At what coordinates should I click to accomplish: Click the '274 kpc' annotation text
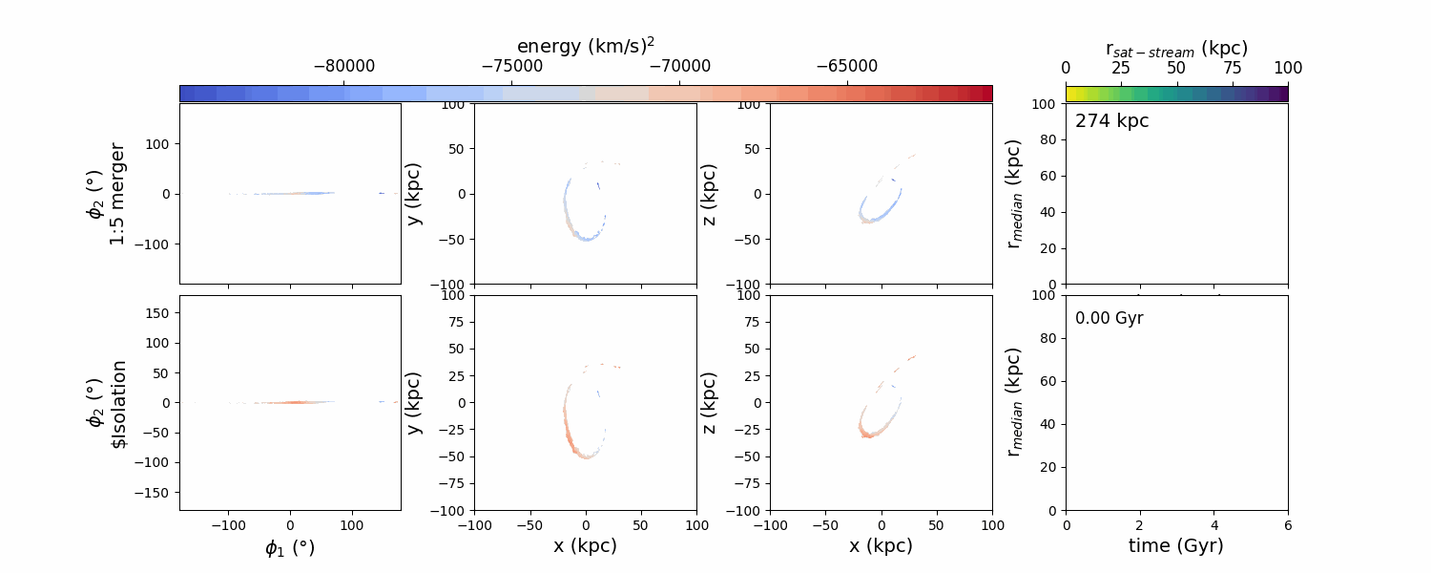pos(1111,121)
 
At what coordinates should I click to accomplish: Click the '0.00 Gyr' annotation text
pos(1109,318)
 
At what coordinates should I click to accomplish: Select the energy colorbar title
pos(586,46)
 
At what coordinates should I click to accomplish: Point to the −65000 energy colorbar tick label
pos(847,67)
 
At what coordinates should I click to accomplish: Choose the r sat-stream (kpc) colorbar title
pos(1176,48)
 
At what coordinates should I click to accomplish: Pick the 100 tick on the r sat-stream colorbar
pos(1287,68)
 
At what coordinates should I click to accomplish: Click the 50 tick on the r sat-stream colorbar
pos(1176,68)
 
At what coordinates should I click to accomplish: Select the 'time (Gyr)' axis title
pos(1176,546)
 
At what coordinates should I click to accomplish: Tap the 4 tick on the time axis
pos(1213,525)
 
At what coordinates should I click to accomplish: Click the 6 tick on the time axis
pos(1288,525)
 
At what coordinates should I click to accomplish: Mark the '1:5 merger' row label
pos(117,194)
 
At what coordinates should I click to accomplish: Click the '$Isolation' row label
pos(119,403)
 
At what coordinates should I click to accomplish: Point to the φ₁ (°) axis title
pos(290,548)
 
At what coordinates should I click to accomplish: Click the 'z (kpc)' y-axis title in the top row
pos(709,194)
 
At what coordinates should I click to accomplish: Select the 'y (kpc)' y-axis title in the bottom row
pos(413,403)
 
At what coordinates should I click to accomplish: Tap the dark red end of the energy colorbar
pos(985,93)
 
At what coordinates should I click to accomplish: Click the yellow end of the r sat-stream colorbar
pos(1071,93)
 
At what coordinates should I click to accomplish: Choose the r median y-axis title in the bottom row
pos(1014,403)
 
